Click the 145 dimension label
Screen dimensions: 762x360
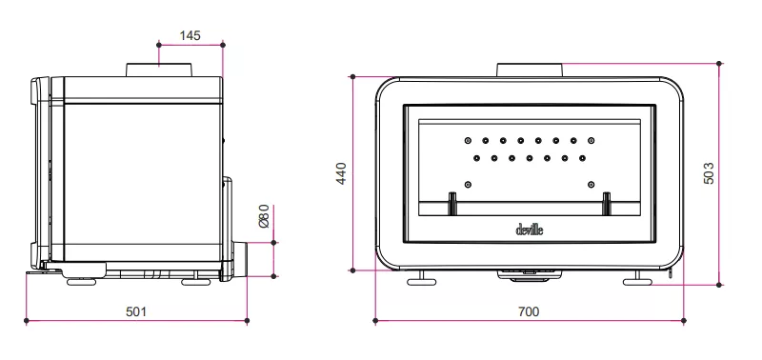pos(190,35)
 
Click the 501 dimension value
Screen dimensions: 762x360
pos(136,311)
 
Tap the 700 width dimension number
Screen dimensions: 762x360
pos(529,311)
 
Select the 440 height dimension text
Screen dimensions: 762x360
pos(341,173)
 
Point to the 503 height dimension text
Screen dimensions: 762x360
pos(709,173)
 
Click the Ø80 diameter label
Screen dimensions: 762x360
pos(263,216)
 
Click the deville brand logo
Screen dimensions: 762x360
pos(530,230)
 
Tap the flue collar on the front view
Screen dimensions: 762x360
pos(530,70)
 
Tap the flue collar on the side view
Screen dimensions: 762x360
pos(159,70)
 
